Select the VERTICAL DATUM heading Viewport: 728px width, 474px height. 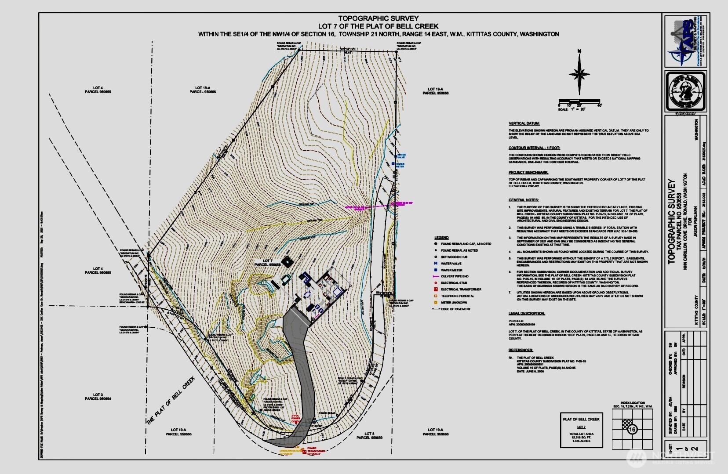pos(524,124)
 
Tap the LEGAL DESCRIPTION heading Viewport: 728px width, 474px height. pos(527,314)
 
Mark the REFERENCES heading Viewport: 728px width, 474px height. pos(521,350)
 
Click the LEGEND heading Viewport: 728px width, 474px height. pos(441,238)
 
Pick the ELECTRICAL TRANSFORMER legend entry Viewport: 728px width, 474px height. pos(461,289)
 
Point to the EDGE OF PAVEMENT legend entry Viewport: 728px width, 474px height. pos(455,309)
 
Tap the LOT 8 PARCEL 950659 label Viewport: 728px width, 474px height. pos(369,435)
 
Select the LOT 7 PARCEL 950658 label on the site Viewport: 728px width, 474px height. pos(271,263)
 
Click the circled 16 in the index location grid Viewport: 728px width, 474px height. pos(633,429)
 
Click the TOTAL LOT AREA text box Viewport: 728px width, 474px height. pos(581,430)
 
